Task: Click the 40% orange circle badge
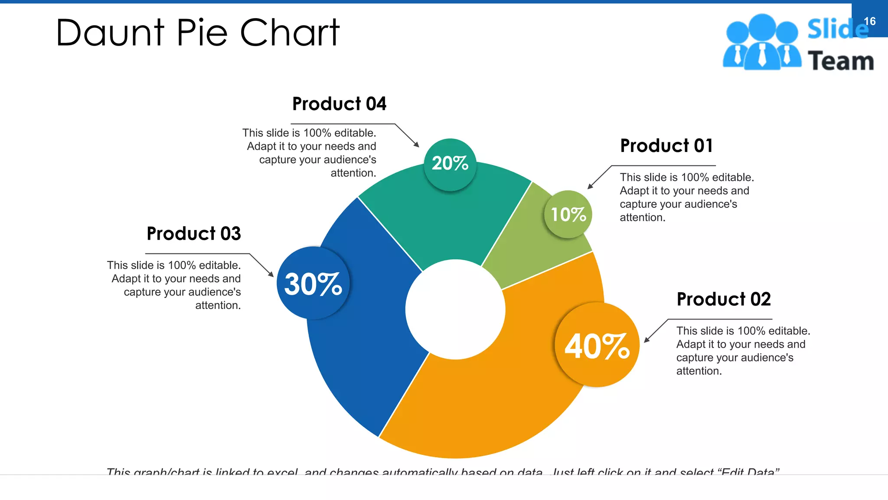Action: pyautogui.click(x=597, y=345)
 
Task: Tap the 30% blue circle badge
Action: pyautogui.click(x=313, y=283)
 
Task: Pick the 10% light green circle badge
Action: pyautogui.click(x=568, y=214)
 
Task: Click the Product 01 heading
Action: pyautogui.click(x=666, y=146)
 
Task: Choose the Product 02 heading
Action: pyautogui.click(x=724, y=299)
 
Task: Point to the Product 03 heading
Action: pyautogui.click(x=194, y=234)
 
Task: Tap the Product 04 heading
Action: pyautogui.click(x=339, y=104)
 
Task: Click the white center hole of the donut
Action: pyautogui.click(x=455, y=309)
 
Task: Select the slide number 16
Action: pyautogui.click(x=869, y=21)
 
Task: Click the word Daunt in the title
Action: pyautogui.click(x=110, y=33)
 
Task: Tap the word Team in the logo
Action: pyautogui.click(x=841, y=61)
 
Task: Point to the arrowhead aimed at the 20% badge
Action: pyautogui.click(x=417, y=145)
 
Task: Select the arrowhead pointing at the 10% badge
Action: pyautogui.click(x=590, y=187)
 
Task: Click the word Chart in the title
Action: pyautogui.click(x=290, y=33)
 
